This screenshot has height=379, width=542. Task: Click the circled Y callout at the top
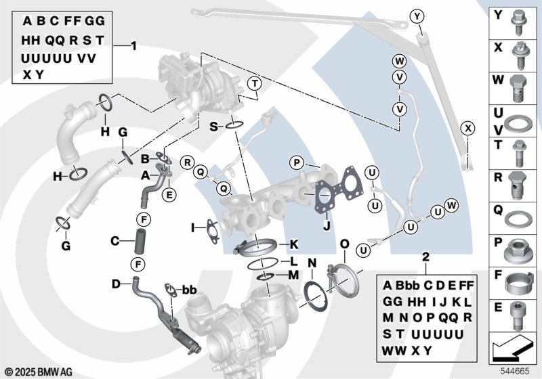coord(417,16)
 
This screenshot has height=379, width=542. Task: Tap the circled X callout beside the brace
coord(467,128)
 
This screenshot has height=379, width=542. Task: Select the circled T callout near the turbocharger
coord(253,84)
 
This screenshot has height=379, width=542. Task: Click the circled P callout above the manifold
coord(295,162)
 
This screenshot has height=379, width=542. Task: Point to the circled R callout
coord(187,161)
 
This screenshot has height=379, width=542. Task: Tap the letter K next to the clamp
coord(294,244)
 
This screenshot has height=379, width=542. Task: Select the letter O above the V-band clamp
coord(343,244)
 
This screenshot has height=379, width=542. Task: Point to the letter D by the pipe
coord(116,283)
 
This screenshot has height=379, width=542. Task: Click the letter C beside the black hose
coord(114,240)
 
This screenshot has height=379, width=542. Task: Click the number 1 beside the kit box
coord(133,46)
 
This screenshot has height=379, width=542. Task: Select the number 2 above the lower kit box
coord(425,257)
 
